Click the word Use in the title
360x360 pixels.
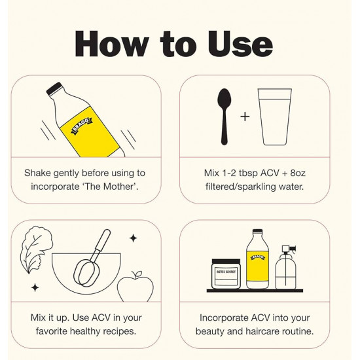click(x=240, y=44)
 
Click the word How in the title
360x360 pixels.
click(x=111, y=44)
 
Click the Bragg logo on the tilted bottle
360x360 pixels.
click(x=82, y=126)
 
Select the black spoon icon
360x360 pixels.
click(x=225, y=117)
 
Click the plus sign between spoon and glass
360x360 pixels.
click(x=245, y=117)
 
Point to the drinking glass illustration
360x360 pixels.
click(x=275, y=117)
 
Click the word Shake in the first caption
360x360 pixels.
click(x=37, y=173)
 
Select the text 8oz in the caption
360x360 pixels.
click(x=298, y=173)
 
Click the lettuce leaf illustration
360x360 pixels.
click(x=36, y=249)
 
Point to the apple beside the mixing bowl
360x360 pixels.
click(x=135, y=287)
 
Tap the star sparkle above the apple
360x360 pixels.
click(x=133, y=238)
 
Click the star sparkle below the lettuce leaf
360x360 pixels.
click(x=35, y=288)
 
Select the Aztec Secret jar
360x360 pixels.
click(x=226, y=274)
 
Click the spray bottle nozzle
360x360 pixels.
click(x=289, y=249)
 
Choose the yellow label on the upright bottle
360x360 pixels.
click(x=258, y=266)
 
